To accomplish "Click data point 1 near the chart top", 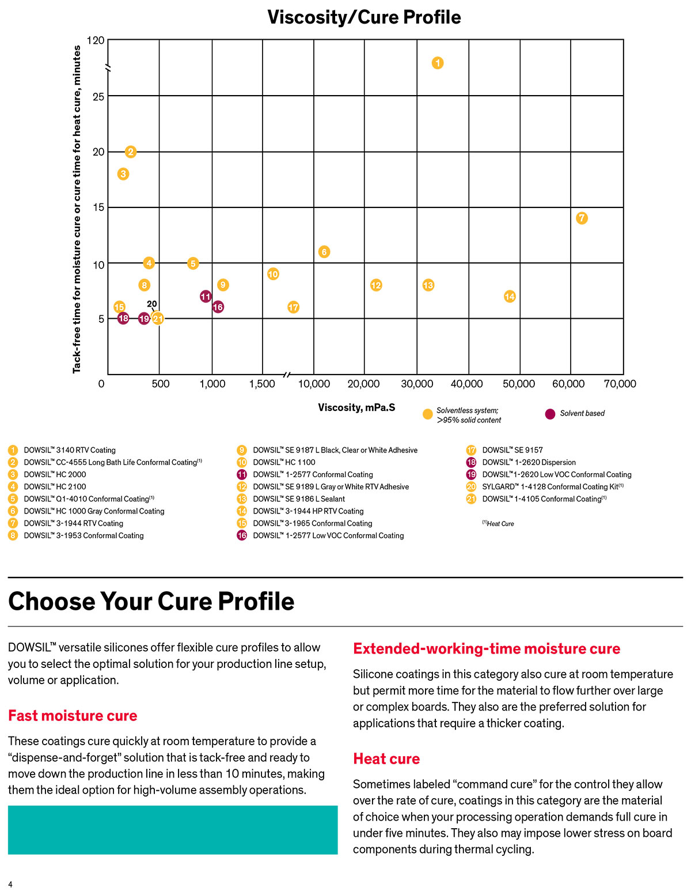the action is click(438, 63).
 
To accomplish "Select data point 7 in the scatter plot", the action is click(582, 218).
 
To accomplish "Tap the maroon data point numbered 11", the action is click(206, 296).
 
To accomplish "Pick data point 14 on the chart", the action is click(510, 296).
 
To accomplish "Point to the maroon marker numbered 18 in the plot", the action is click(123, 318).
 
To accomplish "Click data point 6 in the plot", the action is click(324, 251).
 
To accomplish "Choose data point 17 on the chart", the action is click(293, 307).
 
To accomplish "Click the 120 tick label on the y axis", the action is click(96, 40).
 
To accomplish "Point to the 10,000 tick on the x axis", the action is click(314, 384).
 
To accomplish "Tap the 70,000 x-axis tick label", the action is click(620, 384).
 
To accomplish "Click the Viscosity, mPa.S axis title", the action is click(356, 407).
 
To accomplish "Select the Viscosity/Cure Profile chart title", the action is click(364, 17).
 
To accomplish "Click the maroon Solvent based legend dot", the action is click(550, 414).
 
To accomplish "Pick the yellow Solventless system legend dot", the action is click(427, 414).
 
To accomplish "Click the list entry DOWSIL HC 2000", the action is click(55, 474).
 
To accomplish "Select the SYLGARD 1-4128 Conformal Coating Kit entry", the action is click(553, 486).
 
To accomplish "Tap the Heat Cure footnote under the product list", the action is click(498, 524).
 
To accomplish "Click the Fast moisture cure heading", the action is click(73, 715).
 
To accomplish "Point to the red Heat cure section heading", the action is click(386, 758).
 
